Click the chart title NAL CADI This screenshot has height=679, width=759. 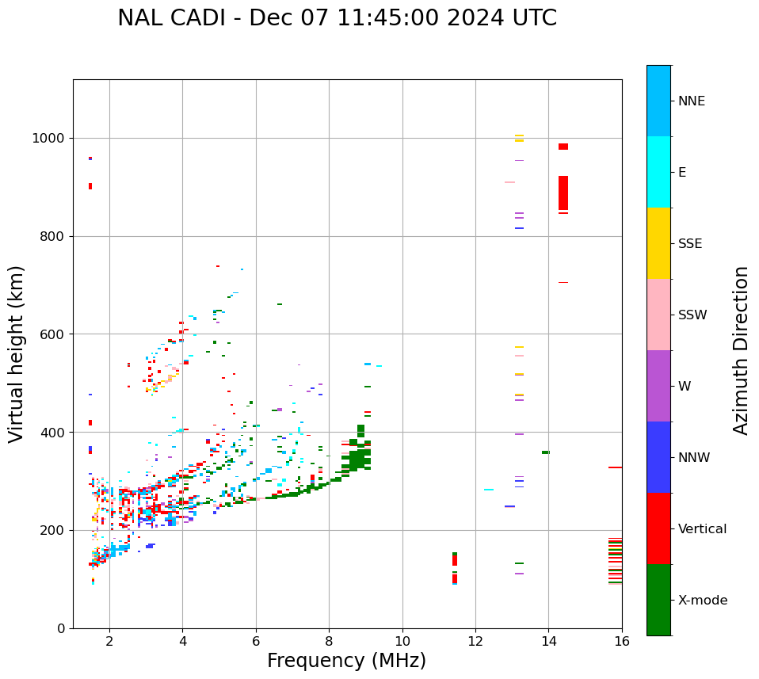pos(337,18)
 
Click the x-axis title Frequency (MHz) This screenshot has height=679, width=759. pos(346,661)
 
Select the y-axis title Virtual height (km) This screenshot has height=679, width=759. pos(17,354)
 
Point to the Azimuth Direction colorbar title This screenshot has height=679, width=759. pos(741,350)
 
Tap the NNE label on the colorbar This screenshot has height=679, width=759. pos(691,101)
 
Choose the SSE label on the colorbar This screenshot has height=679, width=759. pos(689,244)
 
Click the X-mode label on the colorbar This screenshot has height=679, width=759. pos(702,601)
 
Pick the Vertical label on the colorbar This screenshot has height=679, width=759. pos(701,529)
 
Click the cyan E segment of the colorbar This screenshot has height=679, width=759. pos(658,172)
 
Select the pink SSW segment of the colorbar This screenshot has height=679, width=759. pos(658,315)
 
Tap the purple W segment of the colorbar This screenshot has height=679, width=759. pos(658,386)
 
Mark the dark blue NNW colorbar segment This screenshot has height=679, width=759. pos(658,457)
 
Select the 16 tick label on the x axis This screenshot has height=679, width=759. pos(622,641)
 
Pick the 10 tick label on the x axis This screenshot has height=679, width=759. pos(402,641)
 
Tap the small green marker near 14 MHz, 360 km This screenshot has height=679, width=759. pos(546,452)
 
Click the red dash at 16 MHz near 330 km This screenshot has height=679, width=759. pos(615,467)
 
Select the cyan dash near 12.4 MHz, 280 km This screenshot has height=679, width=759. pos(489,490)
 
